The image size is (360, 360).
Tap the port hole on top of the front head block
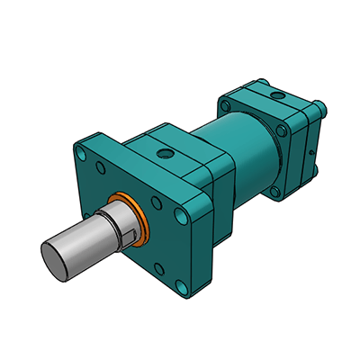[x=165, y=155]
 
